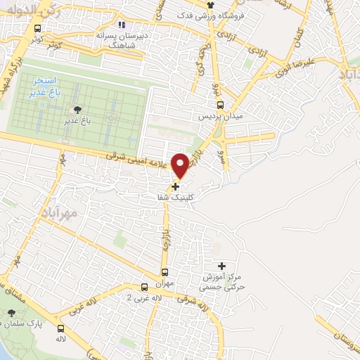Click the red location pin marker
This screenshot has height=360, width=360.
181,165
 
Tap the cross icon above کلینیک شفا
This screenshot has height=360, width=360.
175,186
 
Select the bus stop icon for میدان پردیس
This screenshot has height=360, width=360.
221,105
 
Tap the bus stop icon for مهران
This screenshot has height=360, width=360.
165,273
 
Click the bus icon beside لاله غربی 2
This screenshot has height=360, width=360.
143,287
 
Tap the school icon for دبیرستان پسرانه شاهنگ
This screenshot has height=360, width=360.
122,26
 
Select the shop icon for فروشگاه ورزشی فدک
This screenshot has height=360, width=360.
212,4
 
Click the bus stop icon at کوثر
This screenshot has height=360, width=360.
38,29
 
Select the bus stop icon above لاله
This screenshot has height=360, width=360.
61,328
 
